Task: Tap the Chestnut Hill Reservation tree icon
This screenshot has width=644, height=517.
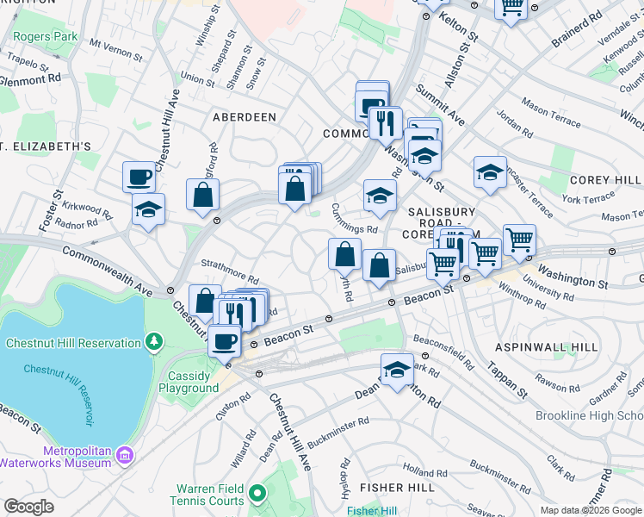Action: pos(154,343)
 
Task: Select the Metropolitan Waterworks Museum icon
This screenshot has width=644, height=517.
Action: pos(125,454)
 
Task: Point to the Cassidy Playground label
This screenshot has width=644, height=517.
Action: pos(189,382)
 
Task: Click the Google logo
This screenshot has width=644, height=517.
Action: pos(28,507)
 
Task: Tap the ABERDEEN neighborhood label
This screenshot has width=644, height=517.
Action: pos(245,117)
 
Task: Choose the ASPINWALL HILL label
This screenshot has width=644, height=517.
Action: pos(546,346)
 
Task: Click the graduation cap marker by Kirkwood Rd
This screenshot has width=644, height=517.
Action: pos(148,209)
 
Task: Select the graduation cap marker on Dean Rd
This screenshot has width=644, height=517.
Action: pos(396,371)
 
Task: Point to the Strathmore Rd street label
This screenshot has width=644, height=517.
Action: pos(230,272)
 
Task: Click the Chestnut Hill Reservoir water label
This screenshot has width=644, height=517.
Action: pos(59,394)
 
